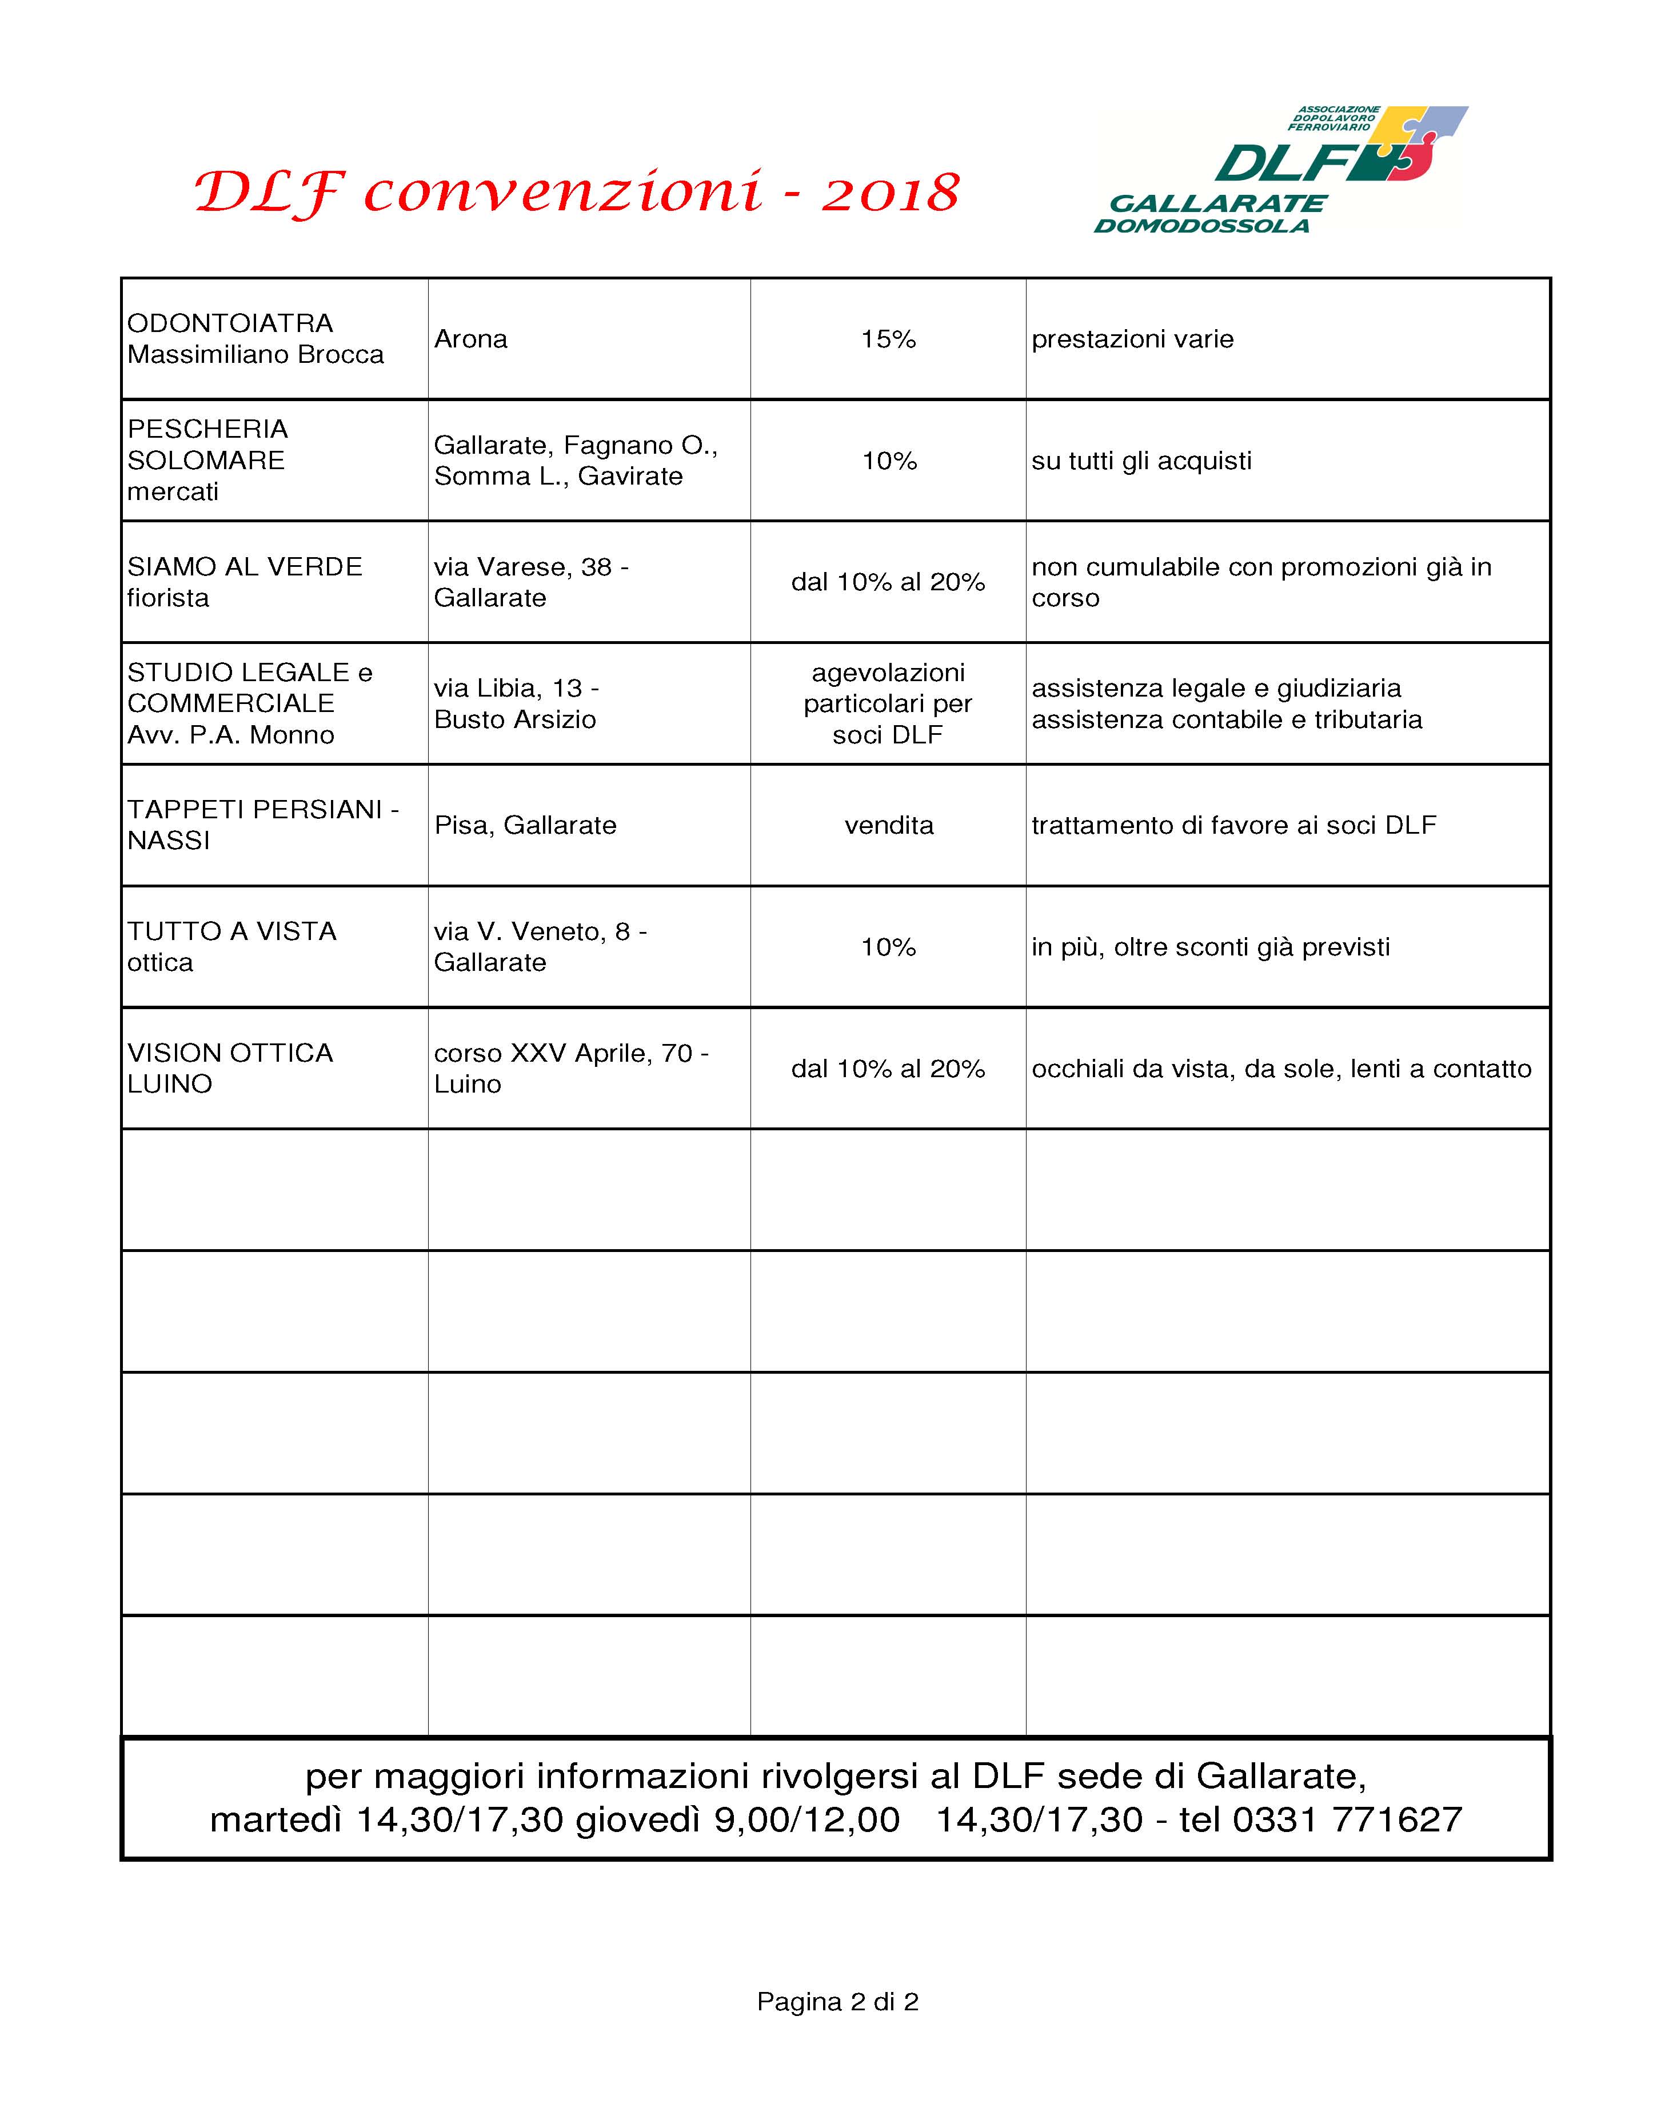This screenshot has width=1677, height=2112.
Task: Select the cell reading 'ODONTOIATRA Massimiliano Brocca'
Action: (x=255, y=339)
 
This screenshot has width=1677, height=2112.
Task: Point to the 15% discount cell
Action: (x=888, y=339)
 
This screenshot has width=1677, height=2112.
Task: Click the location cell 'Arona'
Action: (x=470, y=339)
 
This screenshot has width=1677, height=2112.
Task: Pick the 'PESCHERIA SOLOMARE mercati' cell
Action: (x=207, y=461)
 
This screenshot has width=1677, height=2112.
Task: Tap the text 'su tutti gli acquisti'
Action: (x=1141, y=461)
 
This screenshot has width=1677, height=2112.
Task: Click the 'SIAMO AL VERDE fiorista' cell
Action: (x=244, y=582)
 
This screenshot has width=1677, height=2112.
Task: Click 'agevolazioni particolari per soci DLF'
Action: (x=888, y=703)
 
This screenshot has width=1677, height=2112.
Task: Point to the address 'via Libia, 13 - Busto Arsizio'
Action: (x=516, y=703)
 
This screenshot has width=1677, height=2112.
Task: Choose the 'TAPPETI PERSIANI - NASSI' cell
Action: (x=262, y=825)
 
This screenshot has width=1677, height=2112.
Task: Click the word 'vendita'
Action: (x=888, y=825)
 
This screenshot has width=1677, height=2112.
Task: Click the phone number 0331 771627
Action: (x=1347, y=1819)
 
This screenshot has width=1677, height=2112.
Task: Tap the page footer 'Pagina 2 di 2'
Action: (x=837, y=2001)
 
